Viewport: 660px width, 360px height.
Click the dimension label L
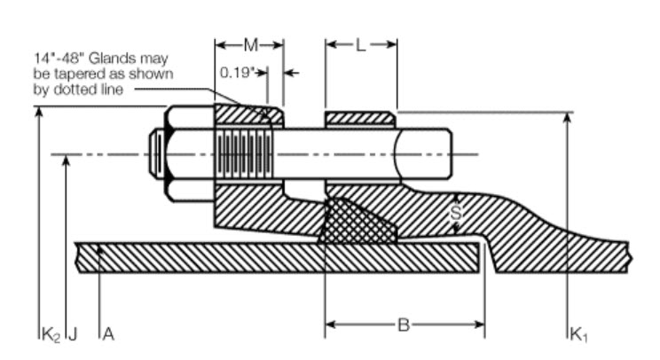coord(361,44)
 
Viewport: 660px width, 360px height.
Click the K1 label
coord(579,334)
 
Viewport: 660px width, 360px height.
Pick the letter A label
coord(108,334)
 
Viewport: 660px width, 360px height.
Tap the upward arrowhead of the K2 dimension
coord(38,113)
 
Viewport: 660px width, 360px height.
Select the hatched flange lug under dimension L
coord(361,119)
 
